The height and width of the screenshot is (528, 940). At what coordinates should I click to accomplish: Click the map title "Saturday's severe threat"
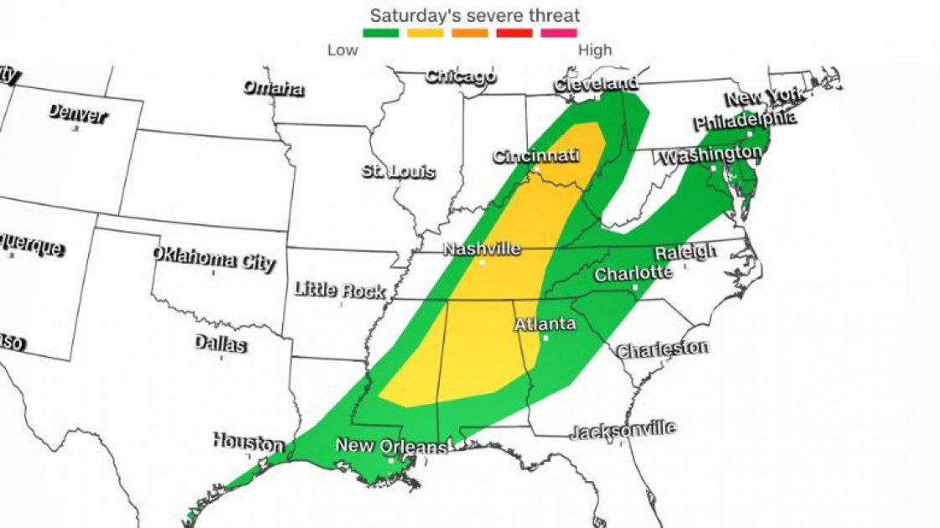[475, 15]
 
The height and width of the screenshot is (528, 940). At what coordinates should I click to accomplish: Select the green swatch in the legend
[381, 34]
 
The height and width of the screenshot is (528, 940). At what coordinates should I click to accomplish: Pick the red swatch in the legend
[514, 34]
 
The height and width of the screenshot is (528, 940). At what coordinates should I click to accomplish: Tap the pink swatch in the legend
[559, 34]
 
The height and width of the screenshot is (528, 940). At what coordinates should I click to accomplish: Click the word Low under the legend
[343, 50]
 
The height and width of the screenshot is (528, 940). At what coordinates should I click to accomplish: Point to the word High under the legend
[595, 50]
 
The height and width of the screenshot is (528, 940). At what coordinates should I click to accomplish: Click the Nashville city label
[482, 249]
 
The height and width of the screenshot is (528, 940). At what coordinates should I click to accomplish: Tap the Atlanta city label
[545, 324]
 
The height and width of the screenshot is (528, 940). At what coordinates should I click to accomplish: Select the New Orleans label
[391, 446]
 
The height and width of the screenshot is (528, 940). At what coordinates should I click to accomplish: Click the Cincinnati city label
[536, 156]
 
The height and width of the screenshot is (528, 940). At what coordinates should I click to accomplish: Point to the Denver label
[77, 113]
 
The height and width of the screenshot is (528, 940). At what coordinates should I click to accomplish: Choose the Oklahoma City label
[214, 259]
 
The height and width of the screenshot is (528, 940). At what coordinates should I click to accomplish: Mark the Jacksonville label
[622, 431]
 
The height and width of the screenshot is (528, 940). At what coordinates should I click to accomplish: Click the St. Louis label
[399, 172]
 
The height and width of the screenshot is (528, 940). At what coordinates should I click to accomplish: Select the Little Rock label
[339, 290]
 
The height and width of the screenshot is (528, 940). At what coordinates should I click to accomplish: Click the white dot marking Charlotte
[635, 287]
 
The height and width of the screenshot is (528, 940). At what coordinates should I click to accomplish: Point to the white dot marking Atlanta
[545, 339]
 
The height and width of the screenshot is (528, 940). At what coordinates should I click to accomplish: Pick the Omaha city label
[273, 88]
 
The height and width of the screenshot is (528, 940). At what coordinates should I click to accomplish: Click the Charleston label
[663, 349]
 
